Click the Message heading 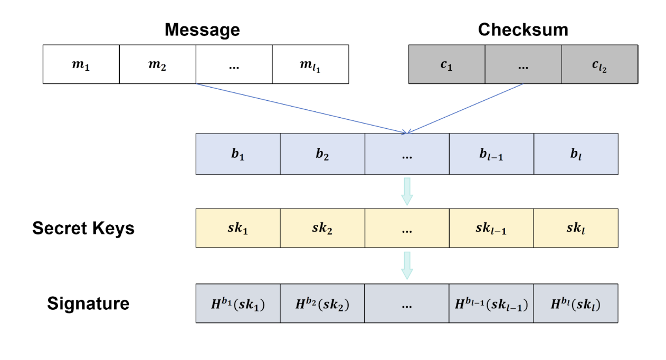coord(202,30)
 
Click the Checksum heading coord(522,30)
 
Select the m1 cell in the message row coord(81,64)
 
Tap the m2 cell coord(157,64)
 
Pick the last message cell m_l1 coord(310,64)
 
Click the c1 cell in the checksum coord(446,64)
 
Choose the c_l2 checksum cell coord(599,64)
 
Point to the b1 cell coord(237,154)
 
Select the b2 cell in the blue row coord(322,154)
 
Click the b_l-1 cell coord(491,154)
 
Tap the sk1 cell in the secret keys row coord(237,228)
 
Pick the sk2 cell coord(322,228)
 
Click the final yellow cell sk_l coord(576,228)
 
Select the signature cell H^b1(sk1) coord(237,304)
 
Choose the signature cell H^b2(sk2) coord(322,304)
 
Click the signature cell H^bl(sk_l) coord(576,304)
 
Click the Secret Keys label coord(83,228)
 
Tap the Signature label coord(88,304)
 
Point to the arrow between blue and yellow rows coord(407,191)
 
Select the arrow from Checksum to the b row coord(464,108)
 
